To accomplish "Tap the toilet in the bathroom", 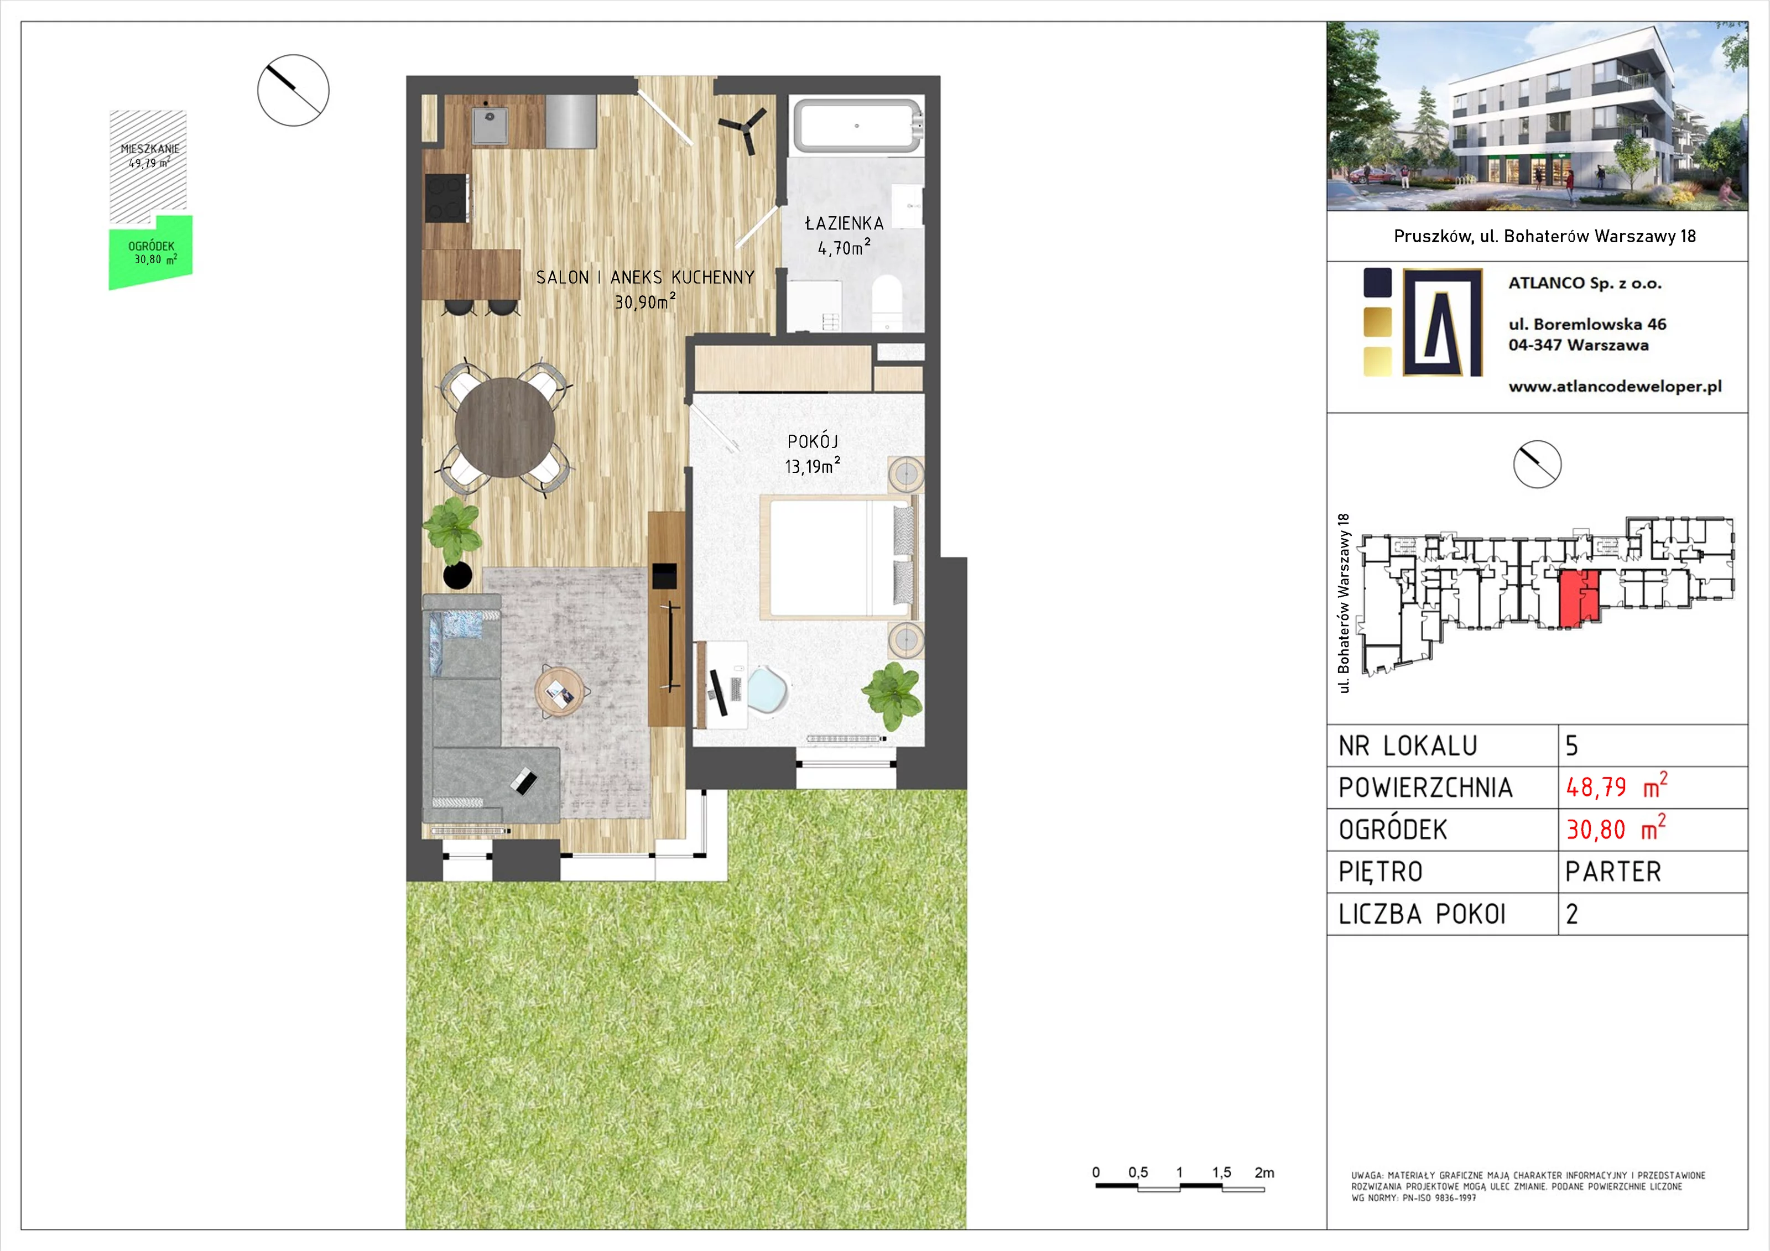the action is tap(887, 301).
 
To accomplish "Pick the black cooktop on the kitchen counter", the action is tap(446, 197).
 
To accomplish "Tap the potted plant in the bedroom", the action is tap(893, 694).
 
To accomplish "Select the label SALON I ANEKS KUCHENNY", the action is tap(645, 278).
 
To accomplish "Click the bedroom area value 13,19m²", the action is tap(813, 466).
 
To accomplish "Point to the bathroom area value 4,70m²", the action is tap(844, 247).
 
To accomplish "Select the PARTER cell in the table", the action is tap(1613, 872).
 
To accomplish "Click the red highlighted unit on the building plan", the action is tap(1578, 599).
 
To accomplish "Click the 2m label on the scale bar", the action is tap(1264, 1172).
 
